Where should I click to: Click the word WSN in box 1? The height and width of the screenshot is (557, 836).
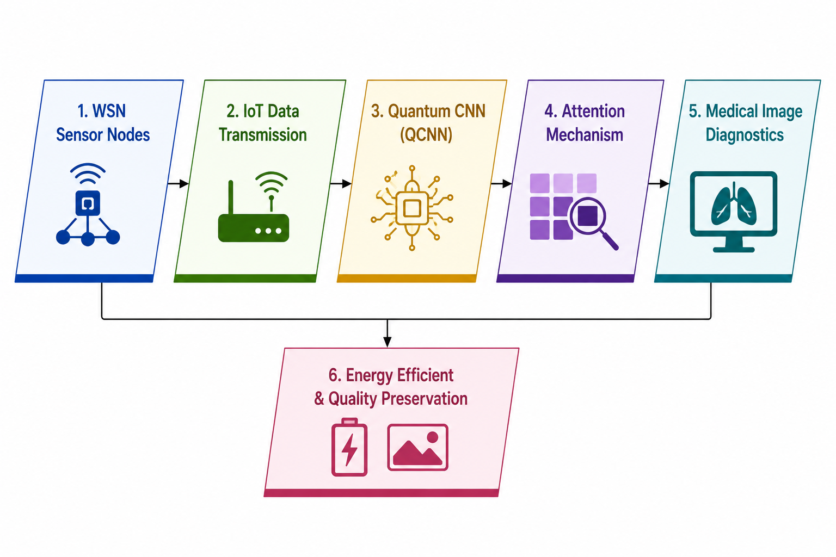(109, 111)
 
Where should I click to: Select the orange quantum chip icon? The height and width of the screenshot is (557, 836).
(412, 208)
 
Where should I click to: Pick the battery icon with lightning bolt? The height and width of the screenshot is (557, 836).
(349, 447)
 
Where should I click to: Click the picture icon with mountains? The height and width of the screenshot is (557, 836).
(417, 447)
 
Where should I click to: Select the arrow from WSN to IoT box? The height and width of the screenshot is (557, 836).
(178, 183)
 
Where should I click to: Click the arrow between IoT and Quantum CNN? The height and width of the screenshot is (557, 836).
(341, 183)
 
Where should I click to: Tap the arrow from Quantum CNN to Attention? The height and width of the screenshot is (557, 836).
(501, 183)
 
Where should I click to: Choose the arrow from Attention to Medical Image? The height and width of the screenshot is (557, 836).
(659, 183)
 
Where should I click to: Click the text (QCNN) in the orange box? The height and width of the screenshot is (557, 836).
(426, 135)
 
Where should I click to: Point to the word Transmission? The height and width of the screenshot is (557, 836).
(263, 135)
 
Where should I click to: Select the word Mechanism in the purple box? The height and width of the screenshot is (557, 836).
(585, 135)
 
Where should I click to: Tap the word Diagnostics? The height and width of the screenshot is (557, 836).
(745, 135)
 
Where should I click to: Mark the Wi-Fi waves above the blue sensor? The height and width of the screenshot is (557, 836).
(88, 173)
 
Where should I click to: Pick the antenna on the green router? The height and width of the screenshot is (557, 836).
(231, 197)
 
